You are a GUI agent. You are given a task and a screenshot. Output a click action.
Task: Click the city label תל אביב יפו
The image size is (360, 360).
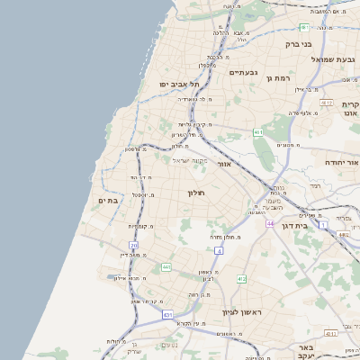click(177, 84)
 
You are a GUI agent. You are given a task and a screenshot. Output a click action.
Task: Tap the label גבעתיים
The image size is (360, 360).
click(244, 72)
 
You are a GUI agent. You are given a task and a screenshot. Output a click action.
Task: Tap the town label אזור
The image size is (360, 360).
click(225, 165)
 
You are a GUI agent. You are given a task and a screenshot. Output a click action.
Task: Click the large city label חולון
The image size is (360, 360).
click(197, 193)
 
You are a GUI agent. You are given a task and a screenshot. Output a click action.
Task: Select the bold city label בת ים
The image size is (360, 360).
click(108, 200)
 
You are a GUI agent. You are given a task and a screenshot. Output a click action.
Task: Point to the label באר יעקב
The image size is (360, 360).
click(308, 350)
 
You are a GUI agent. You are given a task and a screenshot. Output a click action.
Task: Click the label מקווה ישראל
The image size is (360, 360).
click(190, 160)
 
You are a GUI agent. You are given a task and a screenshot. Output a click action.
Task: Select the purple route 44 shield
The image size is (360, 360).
click(269, 222)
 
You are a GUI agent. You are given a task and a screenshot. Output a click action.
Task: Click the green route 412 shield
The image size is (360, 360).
click(241, 280)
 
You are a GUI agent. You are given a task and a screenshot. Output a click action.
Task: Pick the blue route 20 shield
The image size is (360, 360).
click(134, 245)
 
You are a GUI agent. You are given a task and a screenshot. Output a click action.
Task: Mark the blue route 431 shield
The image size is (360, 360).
click(168, 315)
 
